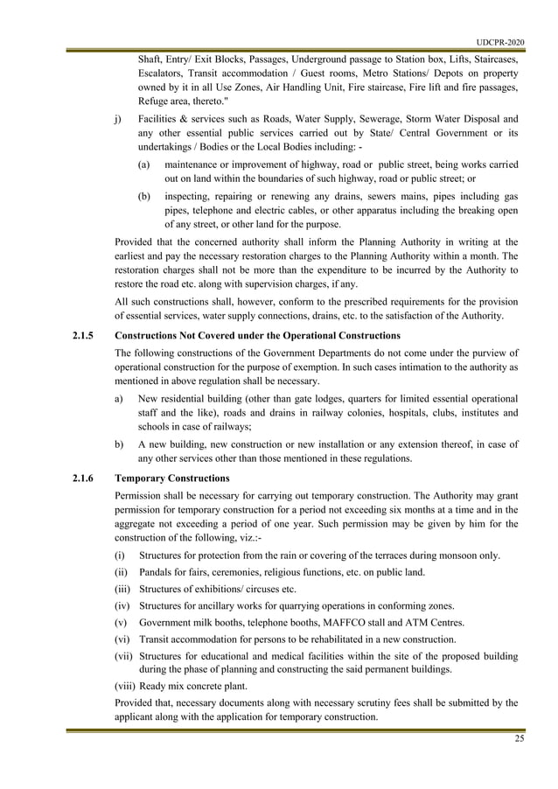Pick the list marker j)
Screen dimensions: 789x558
point(119,119)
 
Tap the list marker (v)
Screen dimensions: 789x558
point(122,622)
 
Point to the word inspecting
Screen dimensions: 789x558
point(189,196)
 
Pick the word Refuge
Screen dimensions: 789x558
point(156,101)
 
